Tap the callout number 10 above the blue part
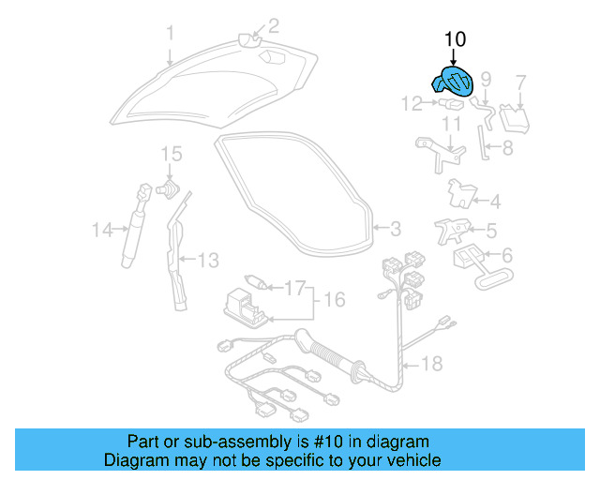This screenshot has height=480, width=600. point(455,39)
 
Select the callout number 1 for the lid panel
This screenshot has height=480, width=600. point(171,35)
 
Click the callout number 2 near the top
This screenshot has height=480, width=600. point(274,25)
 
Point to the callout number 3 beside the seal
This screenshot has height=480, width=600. point(395,228)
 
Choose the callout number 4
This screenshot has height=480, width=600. point(495,201)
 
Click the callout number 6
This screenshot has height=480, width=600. point(507,255)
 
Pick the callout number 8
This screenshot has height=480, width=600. point(507,147)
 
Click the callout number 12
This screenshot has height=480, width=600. point(412,104)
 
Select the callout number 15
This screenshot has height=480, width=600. point(170,154)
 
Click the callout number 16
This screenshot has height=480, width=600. point(335,300)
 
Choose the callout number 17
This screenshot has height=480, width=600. point(295,288)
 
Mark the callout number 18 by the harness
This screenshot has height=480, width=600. point(431,363)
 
